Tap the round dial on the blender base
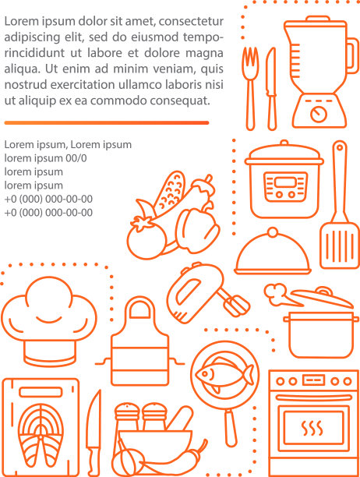[x=319, y=114]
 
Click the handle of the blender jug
[x=353, y=56]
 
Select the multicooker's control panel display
[x=284, y=182]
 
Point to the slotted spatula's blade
[x=339, y=246]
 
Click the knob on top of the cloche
[x=273, y=232]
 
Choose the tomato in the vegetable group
[x=146, y=239]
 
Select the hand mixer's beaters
[x=235, y=304]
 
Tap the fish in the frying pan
[x=224, y=374]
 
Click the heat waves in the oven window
[x=312, y=428]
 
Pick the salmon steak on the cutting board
[x=41, y=435]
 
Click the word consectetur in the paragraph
[x=191, y=22]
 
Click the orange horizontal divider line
[x=107, y=123]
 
